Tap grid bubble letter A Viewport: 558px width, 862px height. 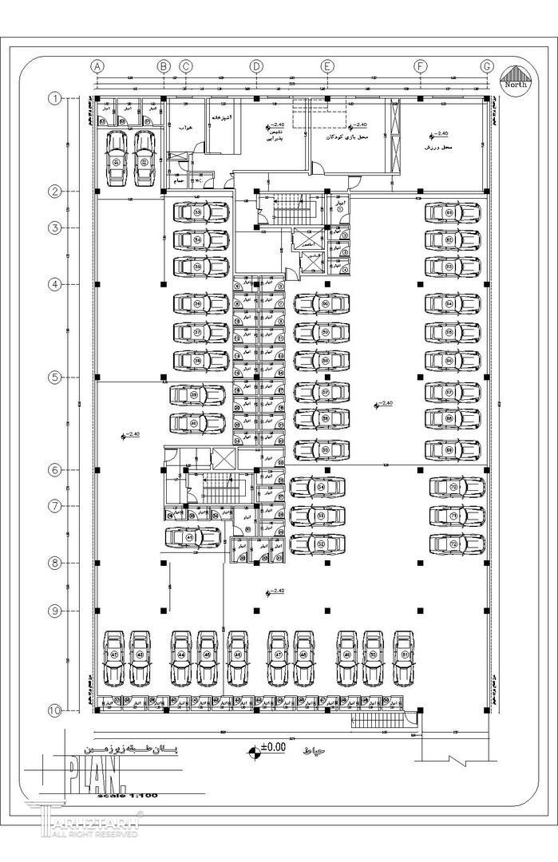(x=98, y=66)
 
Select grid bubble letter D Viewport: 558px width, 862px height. (x=256, y=66)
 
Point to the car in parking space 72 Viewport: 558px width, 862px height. (x=457, y=544)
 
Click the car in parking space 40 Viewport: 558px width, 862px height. (x=197, y=423)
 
